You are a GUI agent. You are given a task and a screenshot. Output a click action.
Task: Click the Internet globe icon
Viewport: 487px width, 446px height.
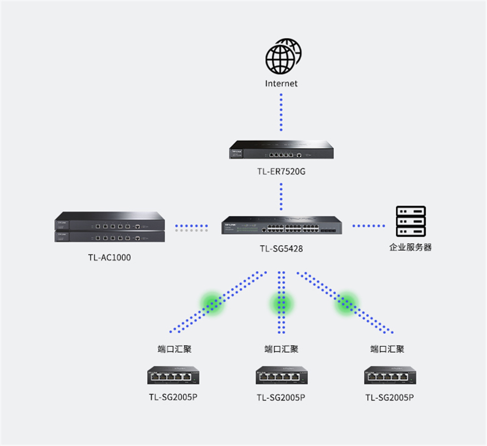click(x=283, y=57)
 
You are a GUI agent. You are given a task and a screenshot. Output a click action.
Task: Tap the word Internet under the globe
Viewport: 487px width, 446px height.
click(x=281, y=84)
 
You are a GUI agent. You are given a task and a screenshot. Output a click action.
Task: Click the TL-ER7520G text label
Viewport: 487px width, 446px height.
click(x=281, y=171)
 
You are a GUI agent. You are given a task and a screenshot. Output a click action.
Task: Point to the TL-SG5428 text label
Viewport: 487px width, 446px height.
click(x=281, y=249)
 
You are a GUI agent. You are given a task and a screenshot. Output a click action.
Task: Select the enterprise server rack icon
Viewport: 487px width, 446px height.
click(x=411, y=222)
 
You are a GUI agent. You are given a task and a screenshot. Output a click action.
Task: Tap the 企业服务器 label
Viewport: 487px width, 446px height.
click(x=411, y=247)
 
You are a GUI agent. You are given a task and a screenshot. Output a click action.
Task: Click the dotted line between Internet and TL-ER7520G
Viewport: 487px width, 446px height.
click(x=281, y=111)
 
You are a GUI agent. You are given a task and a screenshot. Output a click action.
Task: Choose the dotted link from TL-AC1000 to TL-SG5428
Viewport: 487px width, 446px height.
click(x=191, y=227)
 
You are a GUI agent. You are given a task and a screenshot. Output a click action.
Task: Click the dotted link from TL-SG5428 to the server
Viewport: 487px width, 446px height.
click(x=368, y=226)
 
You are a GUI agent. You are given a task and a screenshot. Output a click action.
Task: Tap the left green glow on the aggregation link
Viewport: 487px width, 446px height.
click(x=213, y=303)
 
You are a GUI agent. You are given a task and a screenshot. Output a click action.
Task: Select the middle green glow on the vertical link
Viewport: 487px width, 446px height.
click(x=281, y=303)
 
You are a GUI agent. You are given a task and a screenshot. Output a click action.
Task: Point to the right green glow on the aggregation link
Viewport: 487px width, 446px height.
click(x=347, y=303)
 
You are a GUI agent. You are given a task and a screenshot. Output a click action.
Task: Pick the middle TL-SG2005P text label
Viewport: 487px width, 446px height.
click(x=281, y=397)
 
